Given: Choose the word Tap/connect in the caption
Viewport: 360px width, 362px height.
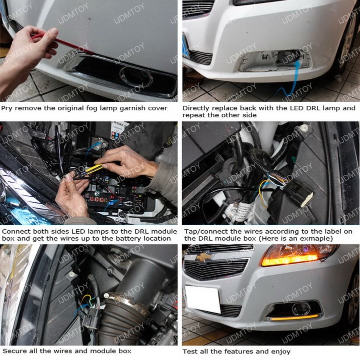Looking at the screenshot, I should coord(202,231).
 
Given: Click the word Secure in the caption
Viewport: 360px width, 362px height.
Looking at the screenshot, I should coord(13,351).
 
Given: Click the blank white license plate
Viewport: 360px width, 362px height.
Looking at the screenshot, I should coord(202,299).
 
